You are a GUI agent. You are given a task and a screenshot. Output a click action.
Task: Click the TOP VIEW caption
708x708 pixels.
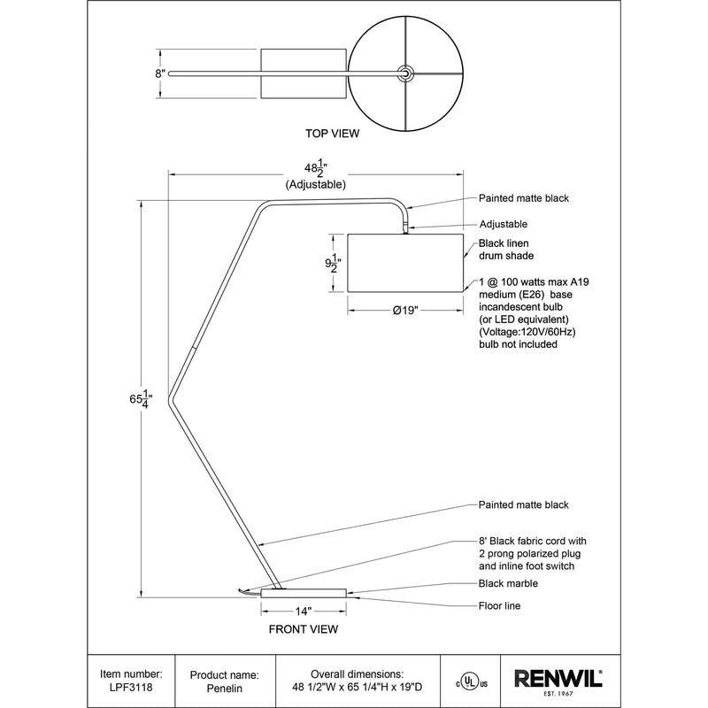tap(332, 134)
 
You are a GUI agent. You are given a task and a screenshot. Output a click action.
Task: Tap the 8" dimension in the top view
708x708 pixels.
tap(160, 74)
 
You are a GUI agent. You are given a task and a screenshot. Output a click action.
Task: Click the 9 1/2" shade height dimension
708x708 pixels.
tap(332, 264)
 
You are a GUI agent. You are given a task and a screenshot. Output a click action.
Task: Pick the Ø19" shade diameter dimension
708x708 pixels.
tap(404, 310)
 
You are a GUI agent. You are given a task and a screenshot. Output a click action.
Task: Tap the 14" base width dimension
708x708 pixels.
tap(304, 611)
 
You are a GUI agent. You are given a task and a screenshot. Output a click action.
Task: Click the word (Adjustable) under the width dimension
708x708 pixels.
tap(315, 186)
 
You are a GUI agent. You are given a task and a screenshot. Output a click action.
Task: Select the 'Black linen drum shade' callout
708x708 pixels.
tap(506, 250)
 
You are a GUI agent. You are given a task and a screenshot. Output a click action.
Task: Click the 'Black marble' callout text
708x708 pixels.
tap(508, 584)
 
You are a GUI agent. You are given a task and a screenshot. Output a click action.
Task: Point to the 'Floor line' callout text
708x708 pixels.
tap(499, 606)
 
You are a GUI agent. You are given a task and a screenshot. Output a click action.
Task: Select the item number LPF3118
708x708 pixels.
tap(132, 687)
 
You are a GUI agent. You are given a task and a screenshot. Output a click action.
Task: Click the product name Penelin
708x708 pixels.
tap(226, 687)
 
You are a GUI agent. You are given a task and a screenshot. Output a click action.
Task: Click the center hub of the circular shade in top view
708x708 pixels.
tap(405, 73)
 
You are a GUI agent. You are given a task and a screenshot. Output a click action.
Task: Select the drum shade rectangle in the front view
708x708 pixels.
tap(405, 263)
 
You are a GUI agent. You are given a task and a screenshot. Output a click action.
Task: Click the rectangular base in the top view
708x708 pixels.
tap(303, 73)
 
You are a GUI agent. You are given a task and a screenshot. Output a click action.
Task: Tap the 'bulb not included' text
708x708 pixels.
tap(518, 344)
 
